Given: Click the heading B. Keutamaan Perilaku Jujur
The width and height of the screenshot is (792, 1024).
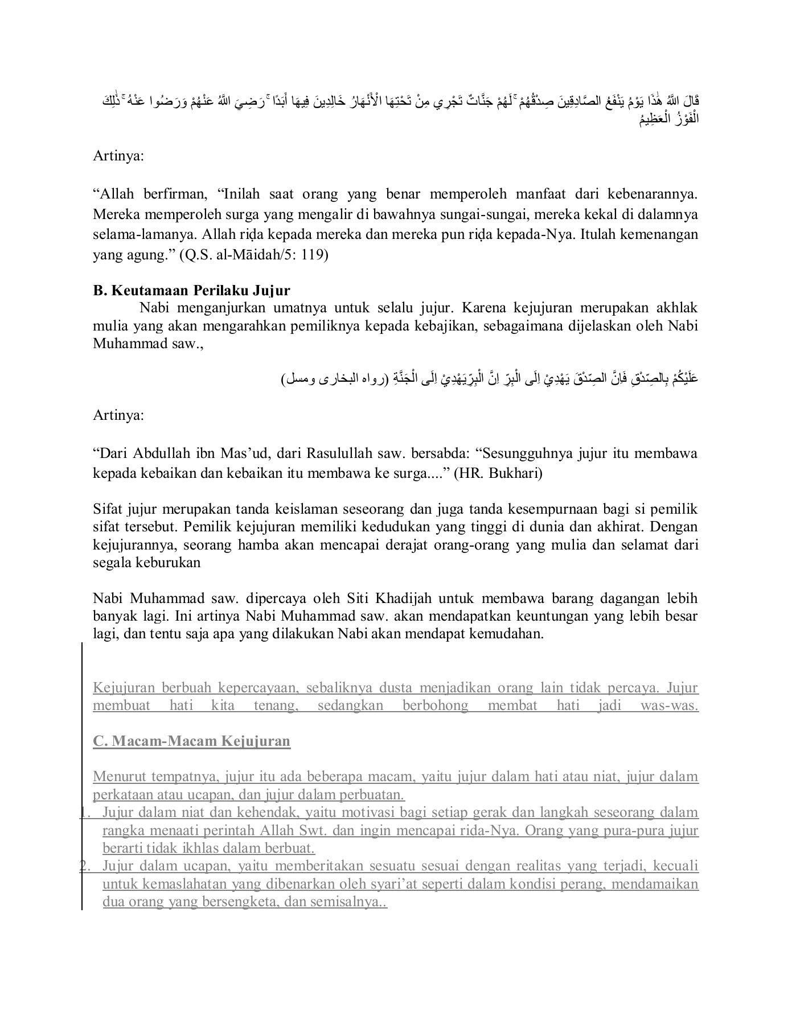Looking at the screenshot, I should point(191,291).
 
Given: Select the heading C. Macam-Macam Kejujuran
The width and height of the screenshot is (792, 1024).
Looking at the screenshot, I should point(191,741).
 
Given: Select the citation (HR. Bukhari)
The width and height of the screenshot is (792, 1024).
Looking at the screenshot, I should point(498,473).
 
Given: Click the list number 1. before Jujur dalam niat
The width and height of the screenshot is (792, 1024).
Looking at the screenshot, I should point(85,812).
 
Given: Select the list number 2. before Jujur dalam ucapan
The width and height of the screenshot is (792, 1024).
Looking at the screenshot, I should point(85,866).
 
